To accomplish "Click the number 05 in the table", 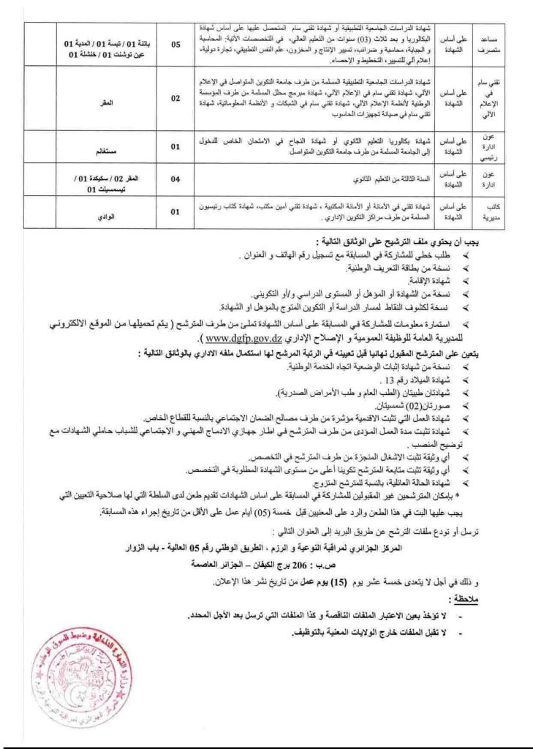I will (176, 45).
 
